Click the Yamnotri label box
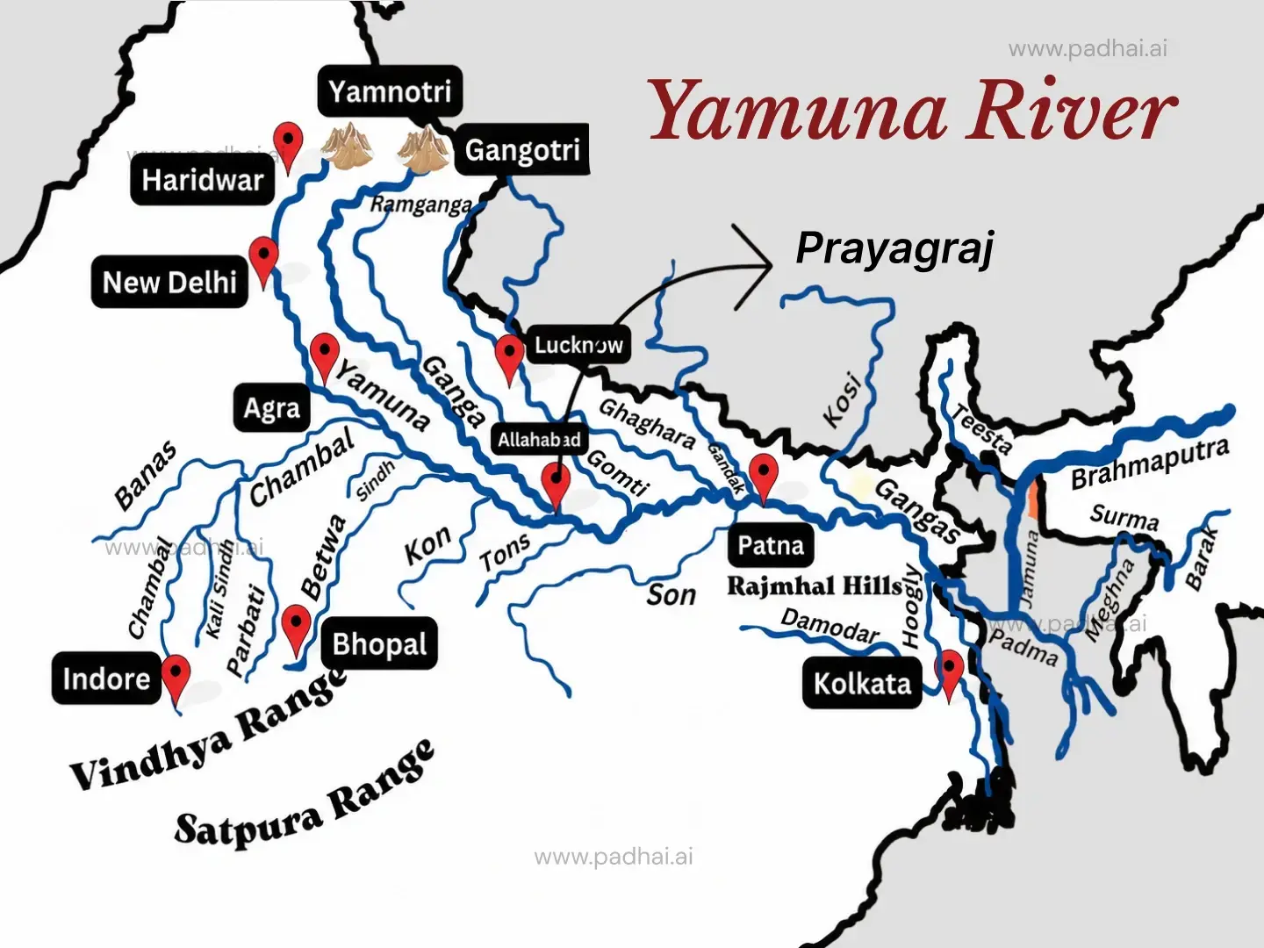[x=390, y=91]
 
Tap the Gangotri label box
[x=522, y=150]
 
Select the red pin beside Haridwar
[x=288, y=142]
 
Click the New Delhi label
[x=170, y=283]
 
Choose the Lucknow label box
[x=578, y=345]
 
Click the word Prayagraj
[x=894, y=249]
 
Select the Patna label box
[x=771, y=546]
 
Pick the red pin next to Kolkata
[x=949, y=671]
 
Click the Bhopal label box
[x=379, y=644]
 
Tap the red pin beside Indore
[x=176, y=676]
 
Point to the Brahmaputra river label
[x=1149, y=463]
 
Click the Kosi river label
[x=842, y=400]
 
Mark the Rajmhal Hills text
[x=815, y=586]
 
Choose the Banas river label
[x=146, y=476]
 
